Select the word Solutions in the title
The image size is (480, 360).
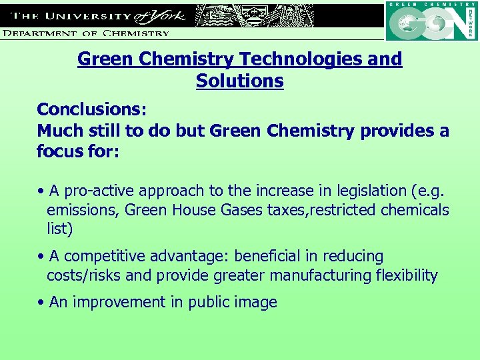coord(239,81)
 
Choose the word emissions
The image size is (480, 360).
coord(81,210)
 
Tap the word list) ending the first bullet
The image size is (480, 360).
coord(59,229)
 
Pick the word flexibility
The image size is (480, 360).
coord(408,275)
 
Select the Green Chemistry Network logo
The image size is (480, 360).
coord(431,21)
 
